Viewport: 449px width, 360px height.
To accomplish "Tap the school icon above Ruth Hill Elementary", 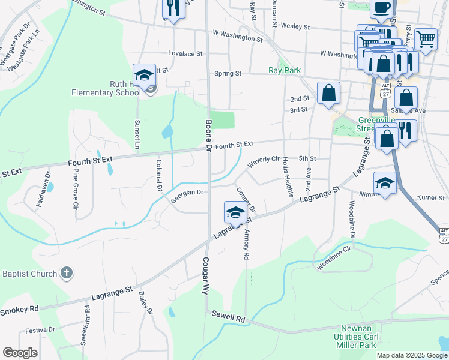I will point(144,76).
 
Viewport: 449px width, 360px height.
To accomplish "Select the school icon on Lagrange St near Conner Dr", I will point(235,213).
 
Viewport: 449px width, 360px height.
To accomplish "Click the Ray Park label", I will point(284,70).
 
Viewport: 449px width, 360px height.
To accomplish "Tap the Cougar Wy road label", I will point(205,275).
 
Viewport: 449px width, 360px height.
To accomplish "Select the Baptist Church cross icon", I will point(67,274).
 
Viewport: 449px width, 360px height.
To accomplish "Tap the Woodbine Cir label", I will point(334,259).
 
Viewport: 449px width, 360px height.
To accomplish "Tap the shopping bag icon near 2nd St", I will point(328,93).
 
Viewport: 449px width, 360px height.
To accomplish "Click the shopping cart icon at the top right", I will point(426,40).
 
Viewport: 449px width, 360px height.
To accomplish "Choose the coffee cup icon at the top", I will point(382,8).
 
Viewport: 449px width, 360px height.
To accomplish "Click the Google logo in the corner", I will point(20,353).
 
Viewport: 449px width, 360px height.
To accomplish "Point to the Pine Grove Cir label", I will point(76,192).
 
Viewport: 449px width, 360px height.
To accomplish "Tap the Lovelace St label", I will point(185,53).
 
